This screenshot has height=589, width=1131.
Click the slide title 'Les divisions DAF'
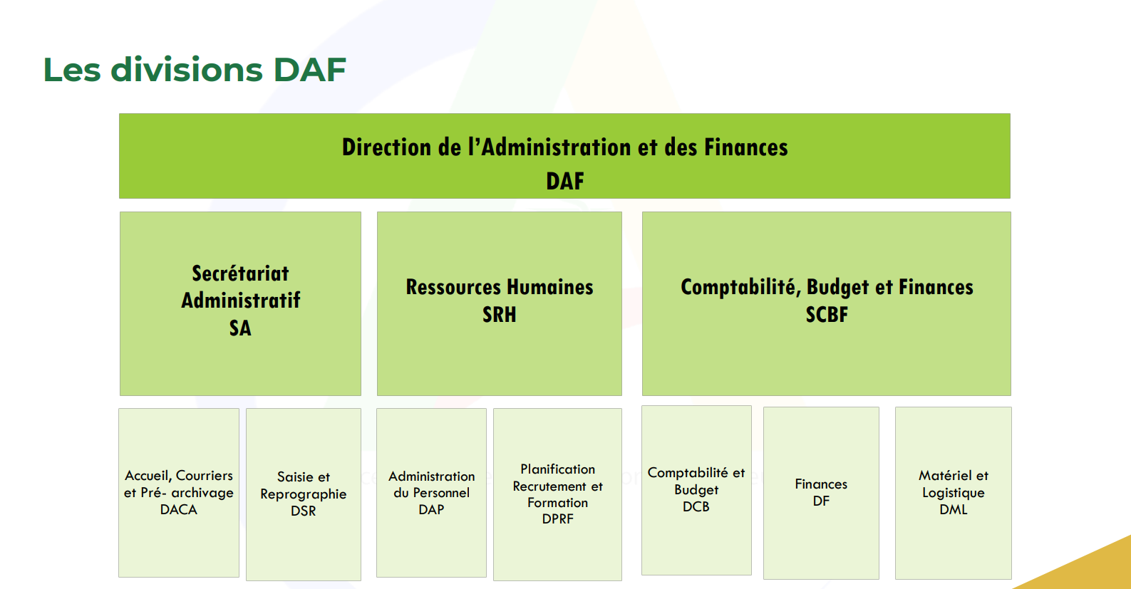(195, 69)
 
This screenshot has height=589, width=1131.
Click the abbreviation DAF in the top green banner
(565, 181)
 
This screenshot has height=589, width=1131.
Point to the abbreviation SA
(240, 328)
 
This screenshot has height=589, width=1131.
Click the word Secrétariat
(240, 273)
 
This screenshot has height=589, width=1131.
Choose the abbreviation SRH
(500, 314)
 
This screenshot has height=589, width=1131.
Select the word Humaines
(550, 287)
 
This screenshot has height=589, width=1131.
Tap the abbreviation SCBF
(827, 314)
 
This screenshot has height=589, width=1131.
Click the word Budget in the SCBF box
(838, 287)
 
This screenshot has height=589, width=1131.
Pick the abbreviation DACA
(179, 510)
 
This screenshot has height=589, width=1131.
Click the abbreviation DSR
(304, 511)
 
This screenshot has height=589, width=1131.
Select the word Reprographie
(304, 494)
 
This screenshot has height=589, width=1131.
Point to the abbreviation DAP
(431, 510)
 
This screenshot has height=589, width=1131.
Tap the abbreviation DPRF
(557, 518)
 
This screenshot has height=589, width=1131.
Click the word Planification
(557, 469)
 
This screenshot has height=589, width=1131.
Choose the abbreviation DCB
(696, 506)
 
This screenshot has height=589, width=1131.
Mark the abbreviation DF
(821, 501)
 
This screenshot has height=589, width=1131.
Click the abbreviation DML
(954, 510)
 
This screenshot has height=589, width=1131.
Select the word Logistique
(954, 493)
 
